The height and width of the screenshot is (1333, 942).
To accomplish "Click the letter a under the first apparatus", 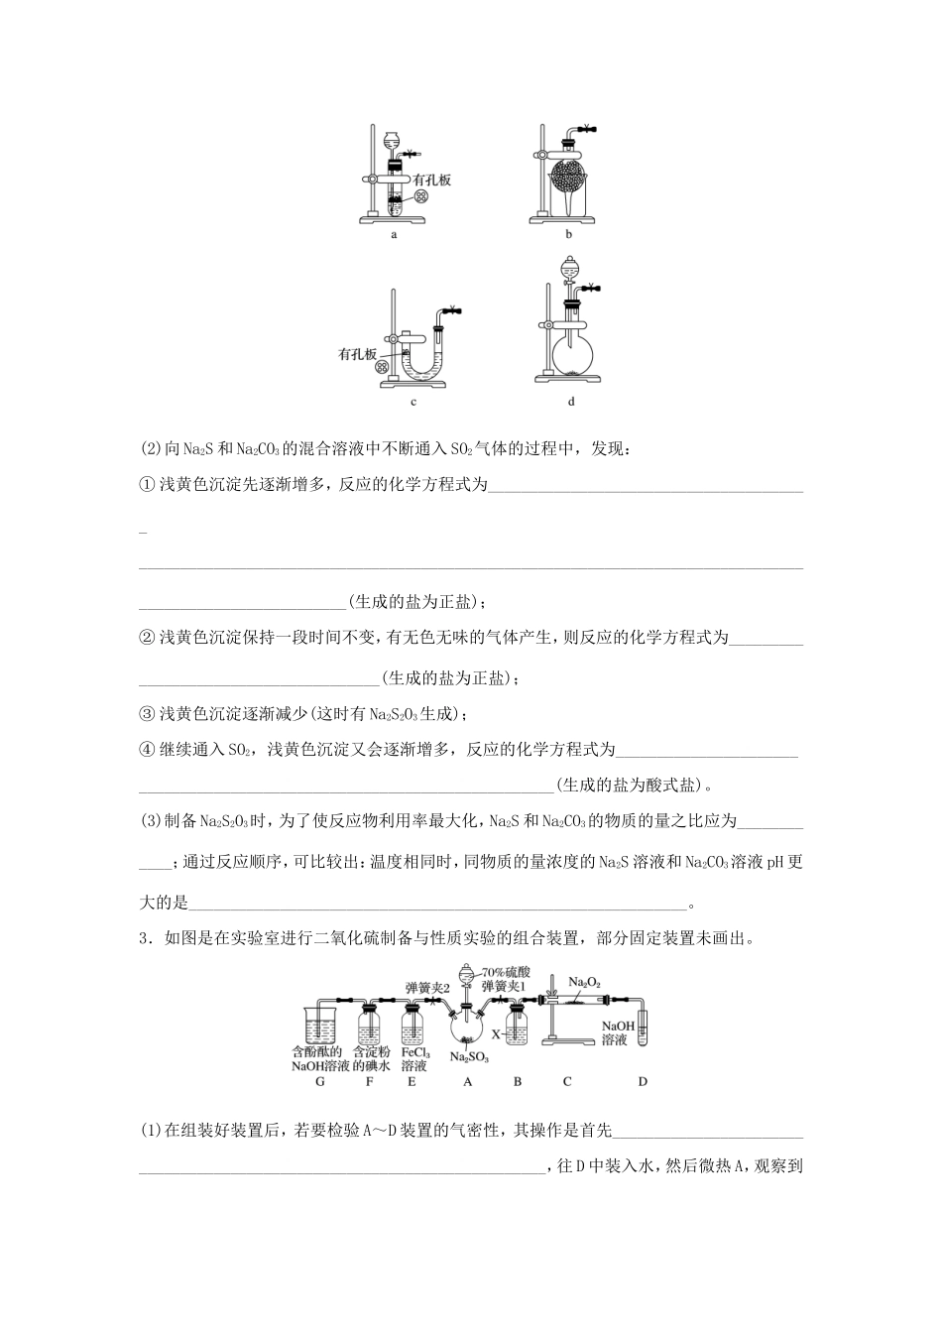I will coord(394,235).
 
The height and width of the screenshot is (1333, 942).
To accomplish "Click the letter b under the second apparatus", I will coord(568,235).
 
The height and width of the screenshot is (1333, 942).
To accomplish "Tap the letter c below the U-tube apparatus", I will coord(412,402).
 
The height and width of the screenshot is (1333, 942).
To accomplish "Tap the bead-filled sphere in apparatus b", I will coord(568,176).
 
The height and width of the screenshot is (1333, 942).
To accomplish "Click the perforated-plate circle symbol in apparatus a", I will coord(422,196).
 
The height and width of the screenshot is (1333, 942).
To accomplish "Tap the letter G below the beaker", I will coord(319,1081).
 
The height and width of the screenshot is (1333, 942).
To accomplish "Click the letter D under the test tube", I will coord(643,1081).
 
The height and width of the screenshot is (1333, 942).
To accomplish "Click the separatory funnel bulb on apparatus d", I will coord(570,267).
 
